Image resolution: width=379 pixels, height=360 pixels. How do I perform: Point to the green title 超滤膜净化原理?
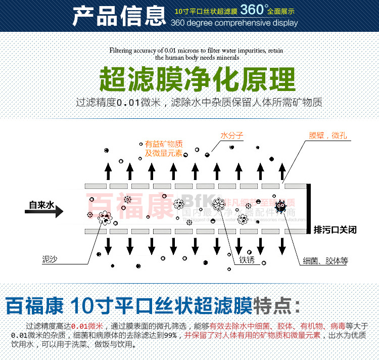point(197,79)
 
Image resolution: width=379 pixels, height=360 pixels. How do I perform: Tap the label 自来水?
point(41,205)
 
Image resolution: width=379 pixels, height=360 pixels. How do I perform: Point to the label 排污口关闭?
point(335,230)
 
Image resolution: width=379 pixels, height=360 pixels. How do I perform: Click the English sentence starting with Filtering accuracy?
point(196,51)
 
